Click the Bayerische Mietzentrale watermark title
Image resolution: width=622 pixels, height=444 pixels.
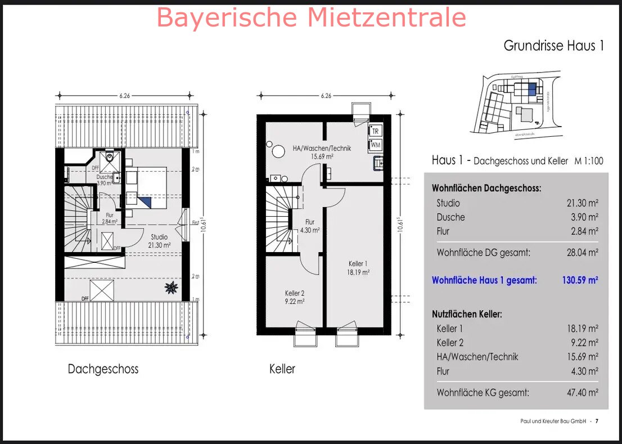311,17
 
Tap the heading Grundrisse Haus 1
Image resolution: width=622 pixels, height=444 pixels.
553,46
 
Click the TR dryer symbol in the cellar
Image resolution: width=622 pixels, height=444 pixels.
376,131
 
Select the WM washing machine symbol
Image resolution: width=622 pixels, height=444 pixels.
376,145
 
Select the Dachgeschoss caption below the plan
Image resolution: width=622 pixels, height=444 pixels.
103,369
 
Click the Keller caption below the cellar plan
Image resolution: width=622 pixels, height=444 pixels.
282,369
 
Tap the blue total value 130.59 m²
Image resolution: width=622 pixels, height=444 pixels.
580,280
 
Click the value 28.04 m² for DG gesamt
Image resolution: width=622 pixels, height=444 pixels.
582,253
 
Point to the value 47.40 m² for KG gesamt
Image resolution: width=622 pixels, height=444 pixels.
582,393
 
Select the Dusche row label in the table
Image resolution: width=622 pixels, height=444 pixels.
450,217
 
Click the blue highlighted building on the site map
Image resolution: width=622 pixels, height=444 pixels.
532,89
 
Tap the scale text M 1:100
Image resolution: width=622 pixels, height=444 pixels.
589,161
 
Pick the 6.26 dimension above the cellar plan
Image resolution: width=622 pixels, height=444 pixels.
326,96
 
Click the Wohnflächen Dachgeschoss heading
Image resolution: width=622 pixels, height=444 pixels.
486,189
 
